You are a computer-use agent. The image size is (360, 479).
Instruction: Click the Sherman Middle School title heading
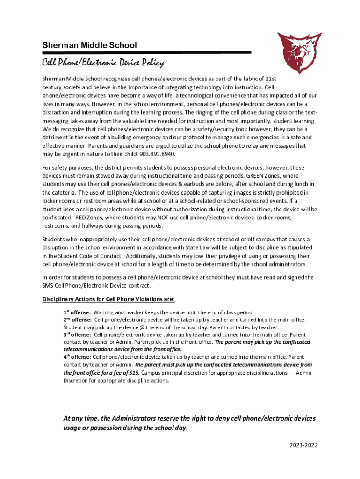click(x=89, y=45)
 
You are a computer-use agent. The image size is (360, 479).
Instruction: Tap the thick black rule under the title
click(x=146, y=52)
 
